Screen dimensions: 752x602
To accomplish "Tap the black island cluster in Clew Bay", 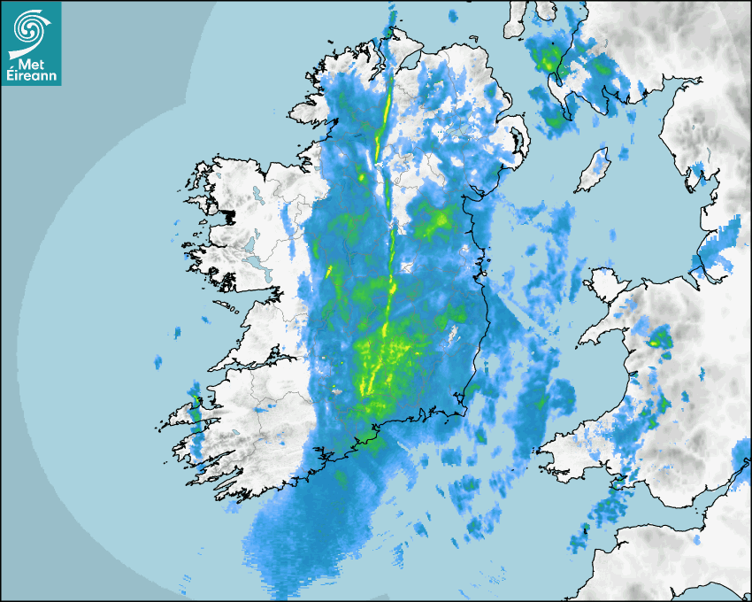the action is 227,215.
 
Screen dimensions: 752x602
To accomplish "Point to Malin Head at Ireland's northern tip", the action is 387,33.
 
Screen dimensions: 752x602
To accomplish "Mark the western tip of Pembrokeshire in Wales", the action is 541,448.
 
